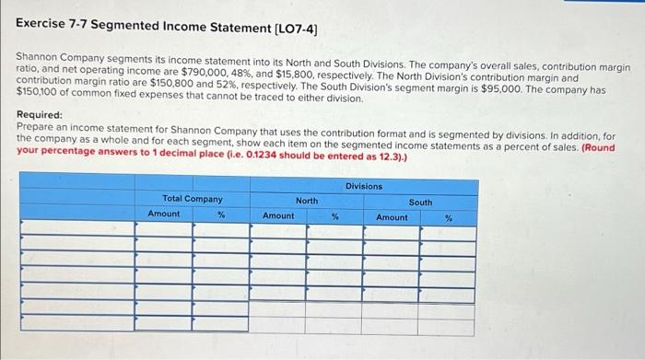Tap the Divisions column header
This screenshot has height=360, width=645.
363,187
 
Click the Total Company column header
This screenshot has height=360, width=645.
192,199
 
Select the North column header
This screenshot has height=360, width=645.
306,200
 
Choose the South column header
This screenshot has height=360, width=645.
420,202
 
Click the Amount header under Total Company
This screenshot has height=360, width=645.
164,214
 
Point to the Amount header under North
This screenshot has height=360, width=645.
278,215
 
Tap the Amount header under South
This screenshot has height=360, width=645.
392,217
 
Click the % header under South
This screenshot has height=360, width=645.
449,218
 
